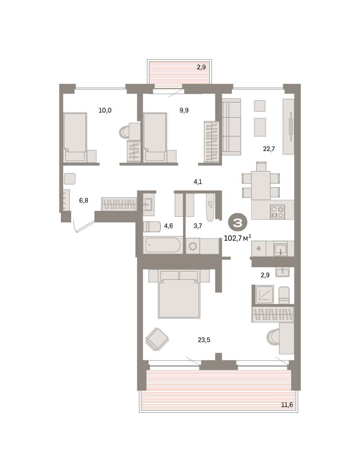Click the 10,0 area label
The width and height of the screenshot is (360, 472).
point(105,110)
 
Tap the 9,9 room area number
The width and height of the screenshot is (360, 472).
point(184,110)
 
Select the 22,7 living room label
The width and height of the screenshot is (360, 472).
point(269,149)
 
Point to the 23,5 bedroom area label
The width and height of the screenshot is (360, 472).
point(204,340)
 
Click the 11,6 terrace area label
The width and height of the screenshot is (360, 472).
point(287,404)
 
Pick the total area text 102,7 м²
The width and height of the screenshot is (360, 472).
point(237,238)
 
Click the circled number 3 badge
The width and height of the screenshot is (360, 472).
point(237,223)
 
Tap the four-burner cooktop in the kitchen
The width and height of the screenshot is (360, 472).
point(277,212)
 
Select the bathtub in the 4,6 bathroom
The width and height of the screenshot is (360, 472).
point(163,245)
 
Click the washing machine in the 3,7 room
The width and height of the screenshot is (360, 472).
point(193,246)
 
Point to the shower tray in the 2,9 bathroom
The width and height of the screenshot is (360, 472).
point(264,294)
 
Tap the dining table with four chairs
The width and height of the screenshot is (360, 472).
point(261,181)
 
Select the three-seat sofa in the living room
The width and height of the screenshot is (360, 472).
point(231,127)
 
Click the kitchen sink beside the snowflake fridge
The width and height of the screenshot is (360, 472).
point(281,249)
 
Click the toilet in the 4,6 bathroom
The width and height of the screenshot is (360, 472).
point(152,227)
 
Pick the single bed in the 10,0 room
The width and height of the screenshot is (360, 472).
point(75,137)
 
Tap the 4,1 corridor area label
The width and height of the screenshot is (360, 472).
point(198,182)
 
